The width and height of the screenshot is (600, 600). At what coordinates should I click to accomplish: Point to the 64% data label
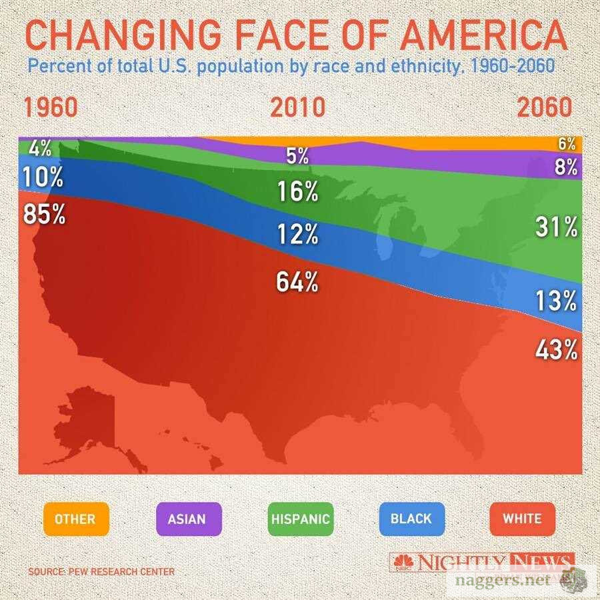(297, 282)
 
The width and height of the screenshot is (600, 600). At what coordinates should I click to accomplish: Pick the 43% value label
(556, 349)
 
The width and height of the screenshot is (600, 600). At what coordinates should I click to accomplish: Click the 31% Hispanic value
(556, 228)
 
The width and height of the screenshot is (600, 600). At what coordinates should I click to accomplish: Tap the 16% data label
(297, 192)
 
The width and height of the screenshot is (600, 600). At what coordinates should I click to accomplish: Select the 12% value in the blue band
(297, 234)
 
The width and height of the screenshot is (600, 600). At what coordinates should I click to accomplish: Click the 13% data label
(556, 301)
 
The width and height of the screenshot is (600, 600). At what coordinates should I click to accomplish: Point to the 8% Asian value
(565, 167)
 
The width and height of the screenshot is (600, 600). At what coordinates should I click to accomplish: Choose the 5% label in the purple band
(297, 156)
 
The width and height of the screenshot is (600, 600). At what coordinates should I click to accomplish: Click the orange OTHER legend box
(75, 518)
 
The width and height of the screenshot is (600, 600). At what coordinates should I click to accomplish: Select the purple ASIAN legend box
(187, 518)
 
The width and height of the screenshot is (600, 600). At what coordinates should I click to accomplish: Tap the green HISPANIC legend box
(299, 518)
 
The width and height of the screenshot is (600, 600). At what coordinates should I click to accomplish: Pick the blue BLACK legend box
(411, 518)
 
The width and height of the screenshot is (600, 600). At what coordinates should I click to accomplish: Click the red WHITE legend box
(522, 518)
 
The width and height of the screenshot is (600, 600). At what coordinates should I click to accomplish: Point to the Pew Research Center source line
(101, 571)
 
